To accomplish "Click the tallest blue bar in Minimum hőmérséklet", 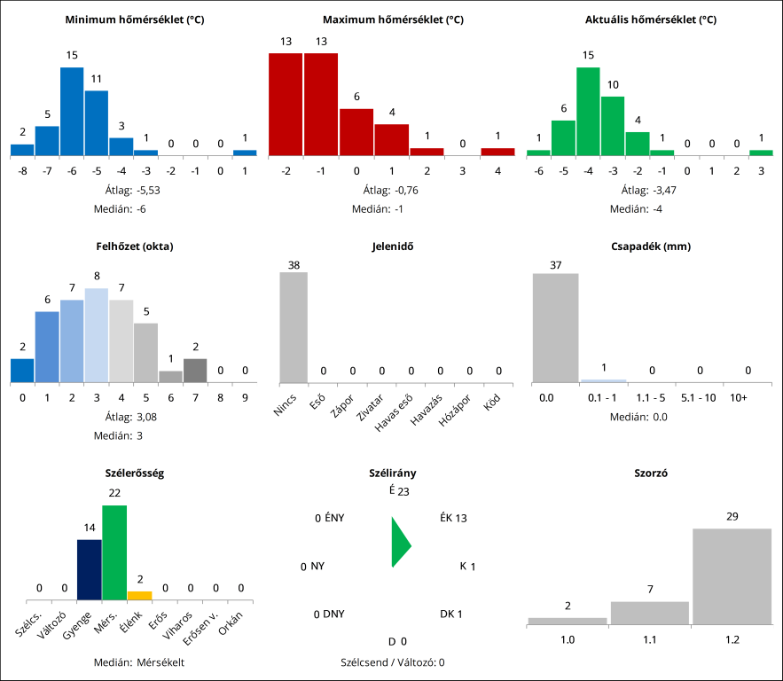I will [72, 111].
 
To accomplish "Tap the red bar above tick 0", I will [356, 132].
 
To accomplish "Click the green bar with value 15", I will [588, 111].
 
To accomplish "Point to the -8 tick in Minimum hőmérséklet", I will [22, 170].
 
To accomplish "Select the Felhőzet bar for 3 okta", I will [97, 335].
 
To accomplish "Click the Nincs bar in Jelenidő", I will [294, 327].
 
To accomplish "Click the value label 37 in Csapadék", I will [555, 264].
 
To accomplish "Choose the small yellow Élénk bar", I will [139, 595].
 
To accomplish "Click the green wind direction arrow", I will [400, 543].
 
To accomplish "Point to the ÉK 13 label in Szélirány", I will [453, 519].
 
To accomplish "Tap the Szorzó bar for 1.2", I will [732, 576].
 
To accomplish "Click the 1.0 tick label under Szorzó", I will [567, 638].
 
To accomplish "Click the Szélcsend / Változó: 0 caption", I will [392, 661].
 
